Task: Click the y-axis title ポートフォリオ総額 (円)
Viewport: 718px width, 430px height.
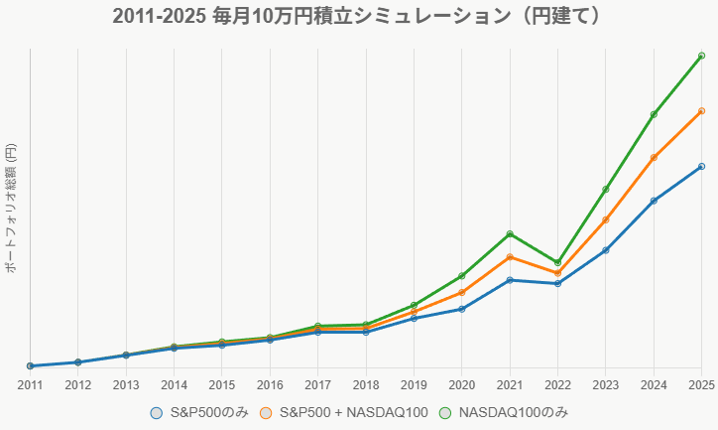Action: tap(11, 208)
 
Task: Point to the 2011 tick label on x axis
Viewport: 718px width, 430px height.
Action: tap(30, 384)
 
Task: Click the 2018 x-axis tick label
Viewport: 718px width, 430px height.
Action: tap(366, 384)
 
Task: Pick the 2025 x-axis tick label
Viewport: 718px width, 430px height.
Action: tap(700, 384)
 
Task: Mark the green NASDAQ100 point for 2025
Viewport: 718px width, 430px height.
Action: tap(701, 55)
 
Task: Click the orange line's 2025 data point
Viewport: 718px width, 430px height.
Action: tap(701, 110)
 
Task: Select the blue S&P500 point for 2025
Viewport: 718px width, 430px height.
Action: tap(701, 166)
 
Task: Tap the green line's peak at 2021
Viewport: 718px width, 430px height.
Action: tap(510, 233)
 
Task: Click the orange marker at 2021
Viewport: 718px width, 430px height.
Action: tap(510, 257)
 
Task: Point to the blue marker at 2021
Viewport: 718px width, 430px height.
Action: tap(510, 280)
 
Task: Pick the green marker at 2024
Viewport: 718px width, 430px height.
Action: tap(654, 115)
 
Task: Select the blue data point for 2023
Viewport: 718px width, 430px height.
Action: tap(605, 250)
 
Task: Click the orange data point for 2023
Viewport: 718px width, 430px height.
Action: tap(605, 220)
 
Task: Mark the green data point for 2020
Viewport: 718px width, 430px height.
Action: tap(461, 275)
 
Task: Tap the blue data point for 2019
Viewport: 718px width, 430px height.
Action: tap(414, 318)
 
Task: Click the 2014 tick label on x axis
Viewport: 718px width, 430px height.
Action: tap(174, 384)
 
